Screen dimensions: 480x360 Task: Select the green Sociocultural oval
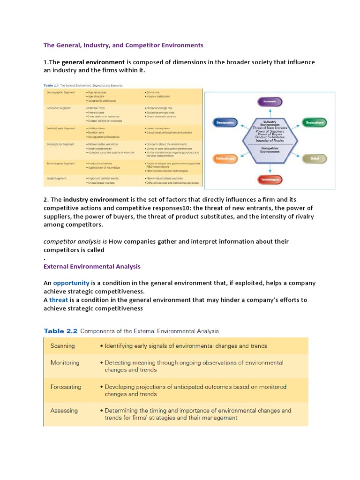pos(314,123)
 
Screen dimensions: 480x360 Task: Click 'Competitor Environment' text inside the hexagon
pos(270,150)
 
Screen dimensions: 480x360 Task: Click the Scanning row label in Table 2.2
pos(62,346)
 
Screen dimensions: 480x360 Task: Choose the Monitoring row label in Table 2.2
pos(65,363)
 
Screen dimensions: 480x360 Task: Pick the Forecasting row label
pos(66,387)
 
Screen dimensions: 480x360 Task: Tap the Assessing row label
pos(64,411)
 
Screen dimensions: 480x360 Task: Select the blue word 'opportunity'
pos(71,283)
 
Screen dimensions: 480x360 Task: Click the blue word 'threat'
pos(59,300)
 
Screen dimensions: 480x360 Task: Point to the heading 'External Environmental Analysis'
pos(92,266)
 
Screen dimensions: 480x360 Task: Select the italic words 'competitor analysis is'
pos(75,241)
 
